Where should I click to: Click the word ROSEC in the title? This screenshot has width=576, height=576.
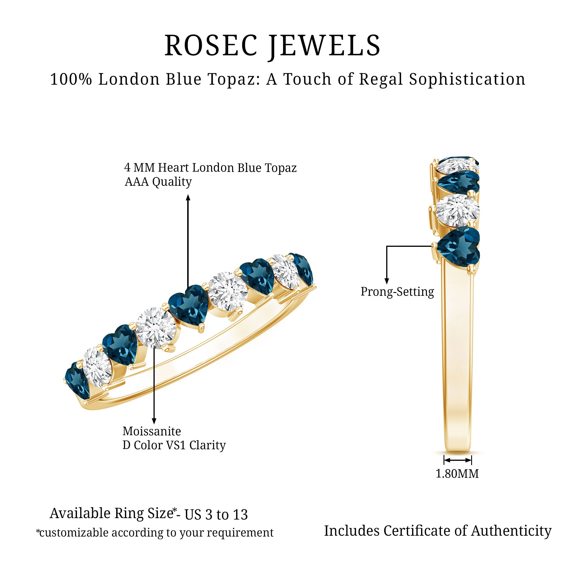[211, 46]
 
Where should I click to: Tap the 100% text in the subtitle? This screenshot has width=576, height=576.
[71, 79]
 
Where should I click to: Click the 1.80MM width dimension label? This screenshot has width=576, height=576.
[457, 473]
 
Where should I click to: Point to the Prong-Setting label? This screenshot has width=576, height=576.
[397, 291]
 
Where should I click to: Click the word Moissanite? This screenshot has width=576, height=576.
[152, 431]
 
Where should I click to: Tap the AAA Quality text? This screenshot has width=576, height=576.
[158, 181]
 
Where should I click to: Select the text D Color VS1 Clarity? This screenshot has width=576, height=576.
[174, 446]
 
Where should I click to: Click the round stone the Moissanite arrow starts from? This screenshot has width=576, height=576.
[154, 327]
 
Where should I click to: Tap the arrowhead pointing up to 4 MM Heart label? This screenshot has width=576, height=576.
[188, 198]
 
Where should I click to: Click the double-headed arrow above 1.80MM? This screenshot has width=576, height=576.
[458, 460]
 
